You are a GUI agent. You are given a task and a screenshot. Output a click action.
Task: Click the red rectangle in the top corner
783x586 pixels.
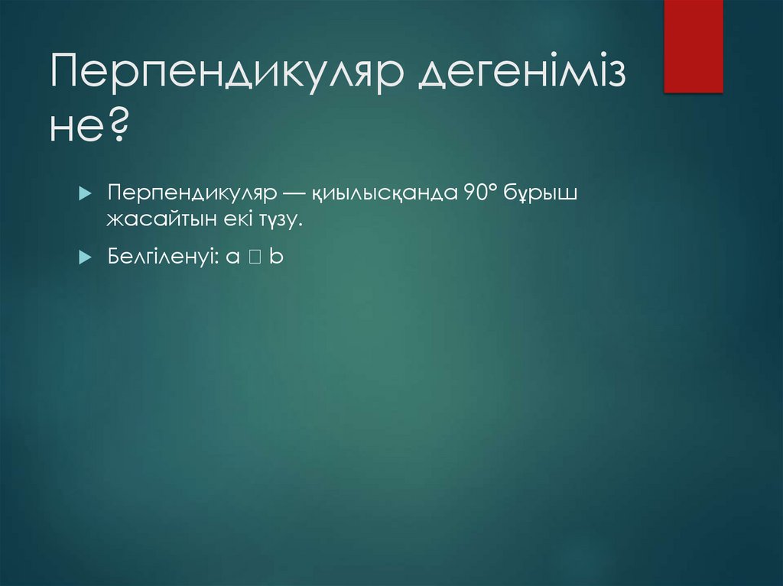pos(693,46)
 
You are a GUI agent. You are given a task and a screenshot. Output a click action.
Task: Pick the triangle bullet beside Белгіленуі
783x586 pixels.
pos(85,257)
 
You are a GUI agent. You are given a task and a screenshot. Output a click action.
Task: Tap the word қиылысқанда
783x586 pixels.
pos(383,194)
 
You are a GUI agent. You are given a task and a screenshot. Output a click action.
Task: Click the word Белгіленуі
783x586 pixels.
pos(161,257)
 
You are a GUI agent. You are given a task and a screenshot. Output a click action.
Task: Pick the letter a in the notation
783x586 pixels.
pos(231,258)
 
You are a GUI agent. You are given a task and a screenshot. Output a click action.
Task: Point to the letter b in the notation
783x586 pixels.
pos(276,257)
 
